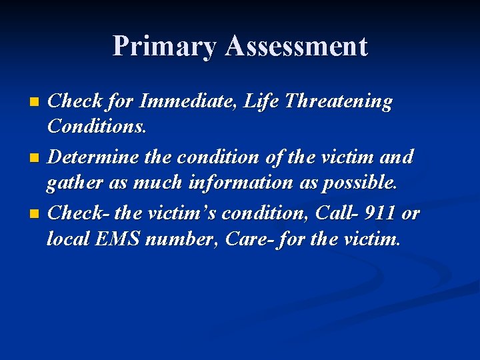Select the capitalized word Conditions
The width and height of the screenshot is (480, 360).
97,127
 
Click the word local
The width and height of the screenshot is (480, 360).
69,238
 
